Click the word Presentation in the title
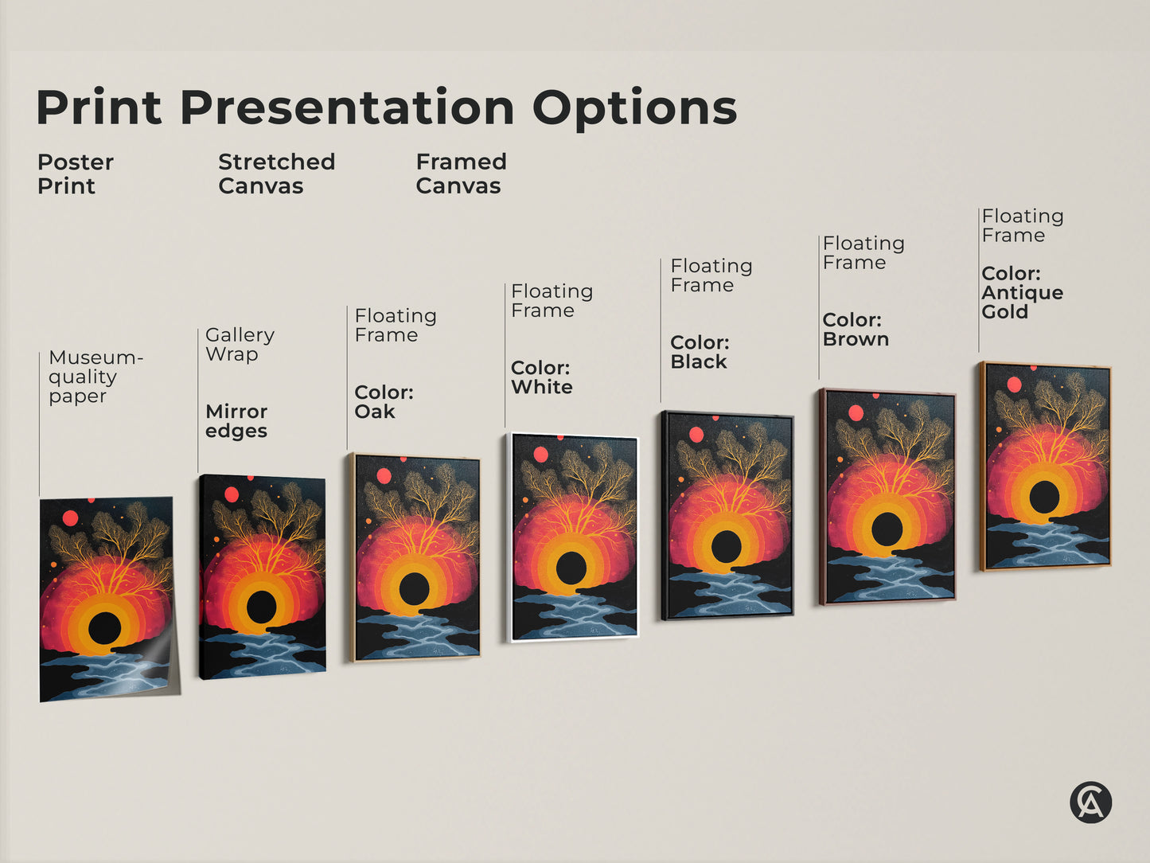click(x=347, y=107)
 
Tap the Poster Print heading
click(x=75, y=174)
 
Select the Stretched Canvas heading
click(x=276, y=174)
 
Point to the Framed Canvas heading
click(x=461, y=174)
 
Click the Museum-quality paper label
click(x=95, y=377)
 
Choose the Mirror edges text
click(x=236, y=421)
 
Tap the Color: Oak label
click(x=384, y=402)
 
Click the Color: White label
click(x=541, y=377)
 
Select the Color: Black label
click(x=700, y=352)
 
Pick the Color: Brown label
click(x=855, y=330)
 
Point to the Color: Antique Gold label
click(x=1022, y=292)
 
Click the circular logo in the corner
click(x=1090, y=802)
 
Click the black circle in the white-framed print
click(x=571, y=567)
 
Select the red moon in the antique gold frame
click(x=1014, y=385)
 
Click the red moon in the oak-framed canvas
click(x=384, y=476)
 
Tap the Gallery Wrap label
click(x=240, y=344)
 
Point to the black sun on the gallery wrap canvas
click(x=261, y=607)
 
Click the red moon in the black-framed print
click(x=696, y=435)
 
